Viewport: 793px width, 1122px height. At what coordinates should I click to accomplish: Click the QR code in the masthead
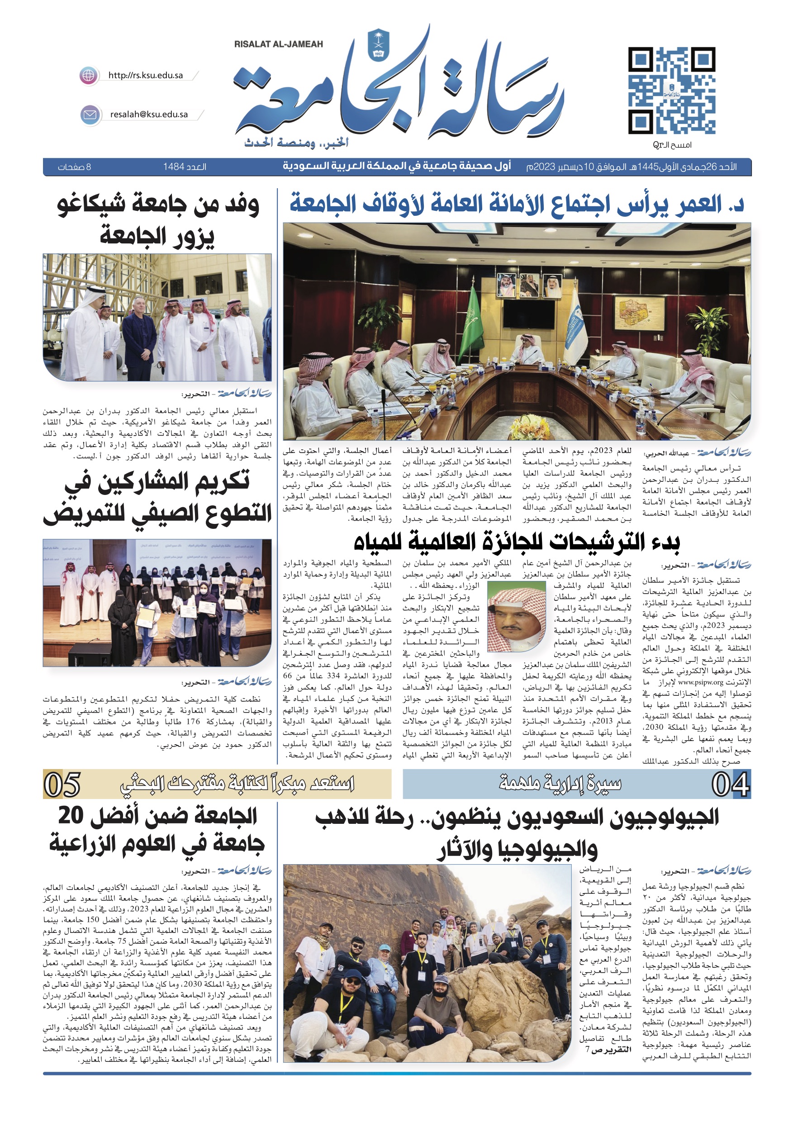point(671,91)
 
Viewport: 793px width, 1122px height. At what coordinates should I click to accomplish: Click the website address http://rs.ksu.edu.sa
point(146,75)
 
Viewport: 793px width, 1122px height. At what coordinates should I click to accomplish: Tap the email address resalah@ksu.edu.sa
point(149,114)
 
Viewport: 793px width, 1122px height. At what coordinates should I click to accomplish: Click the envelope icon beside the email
point(90,115)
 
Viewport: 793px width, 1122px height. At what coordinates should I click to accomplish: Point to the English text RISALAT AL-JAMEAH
point(278,44)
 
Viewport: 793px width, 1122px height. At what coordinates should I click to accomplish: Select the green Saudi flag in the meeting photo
point(472,313)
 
